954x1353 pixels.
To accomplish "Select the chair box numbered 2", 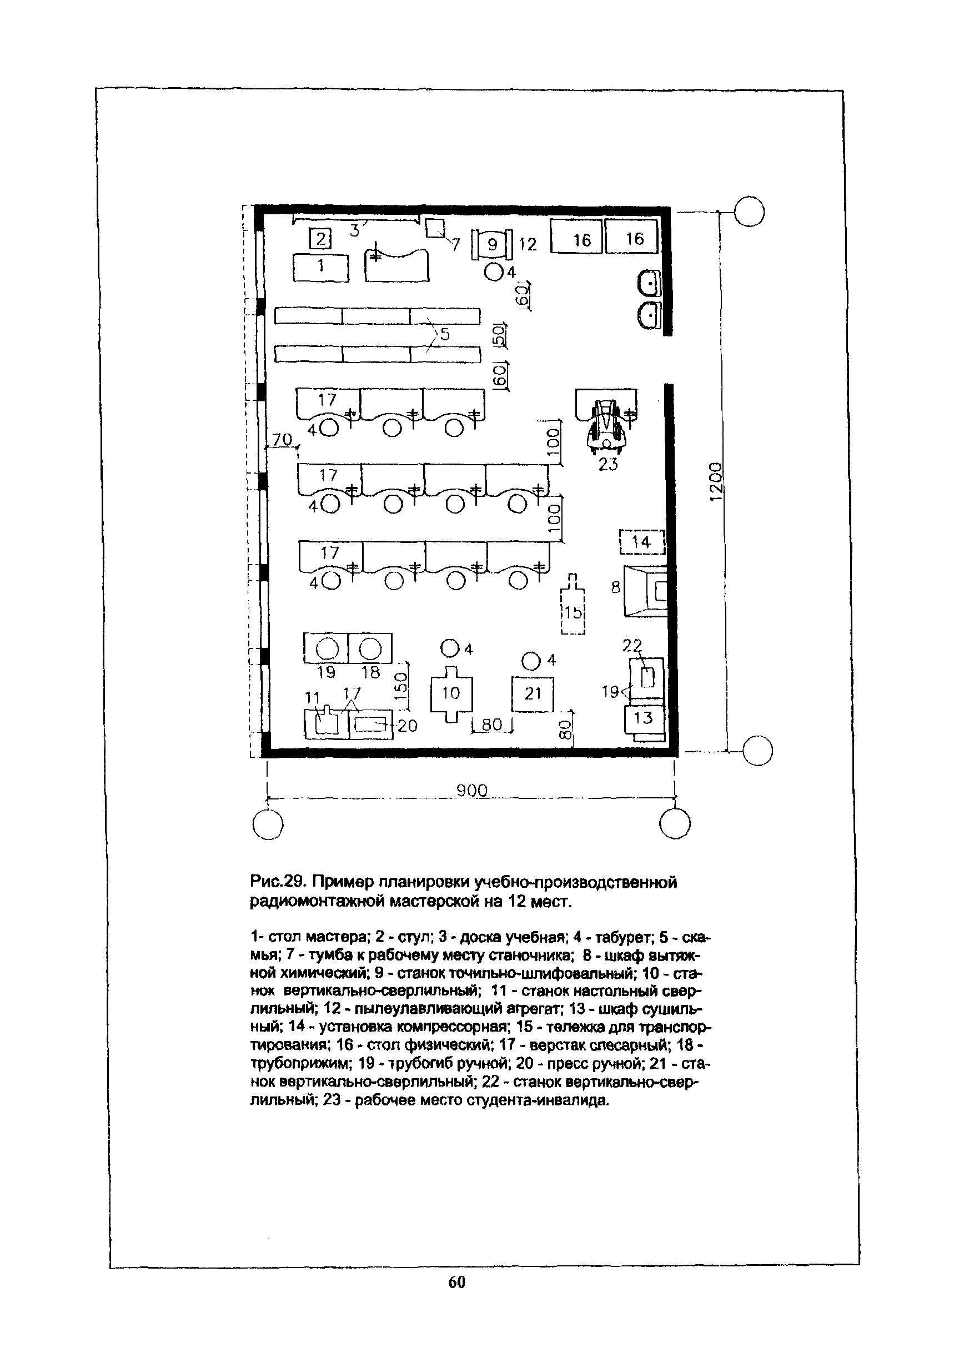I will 320,239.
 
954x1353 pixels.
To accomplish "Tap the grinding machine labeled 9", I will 493,244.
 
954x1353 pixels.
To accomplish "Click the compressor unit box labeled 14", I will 642,541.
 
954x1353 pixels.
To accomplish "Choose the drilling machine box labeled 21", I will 533,693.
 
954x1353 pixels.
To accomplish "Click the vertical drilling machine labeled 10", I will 451,693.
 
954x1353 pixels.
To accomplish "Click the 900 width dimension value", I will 472,790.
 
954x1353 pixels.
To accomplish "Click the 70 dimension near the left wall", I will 283,440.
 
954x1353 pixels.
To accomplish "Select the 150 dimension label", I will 401,686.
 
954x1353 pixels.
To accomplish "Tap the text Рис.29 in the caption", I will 277,882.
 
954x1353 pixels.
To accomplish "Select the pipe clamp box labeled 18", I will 370,649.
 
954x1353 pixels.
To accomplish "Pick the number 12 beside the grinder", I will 528,244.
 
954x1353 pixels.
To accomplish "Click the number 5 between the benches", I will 445,334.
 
